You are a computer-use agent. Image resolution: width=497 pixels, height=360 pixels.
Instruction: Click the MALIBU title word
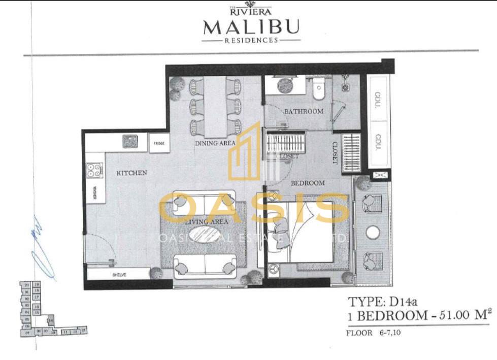coord(251,26)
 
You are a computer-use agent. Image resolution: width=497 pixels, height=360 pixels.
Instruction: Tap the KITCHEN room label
coord(131,173)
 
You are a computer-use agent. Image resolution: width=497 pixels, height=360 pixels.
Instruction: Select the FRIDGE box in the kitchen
coord(158,144)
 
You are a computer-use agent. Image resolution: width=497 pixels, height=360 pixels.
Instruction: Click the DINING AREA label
coord(215,144)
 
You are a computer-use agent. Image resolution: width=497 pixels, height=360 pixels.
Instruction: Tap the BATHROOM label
coord(303,111)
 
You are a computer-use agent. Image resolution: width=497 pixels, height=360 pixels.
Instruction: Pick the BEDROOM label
coord(307,183)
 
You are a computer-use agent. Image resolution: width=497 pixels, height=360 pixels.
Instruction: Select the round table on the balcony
coord(373,233)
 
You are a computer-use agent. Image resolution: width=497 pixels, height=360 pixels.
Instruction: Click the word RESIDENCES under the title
coord(251,40)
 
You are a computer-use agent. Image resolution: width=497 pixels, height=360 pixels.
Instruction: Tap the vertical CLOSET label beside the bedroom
coord(335,152)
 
